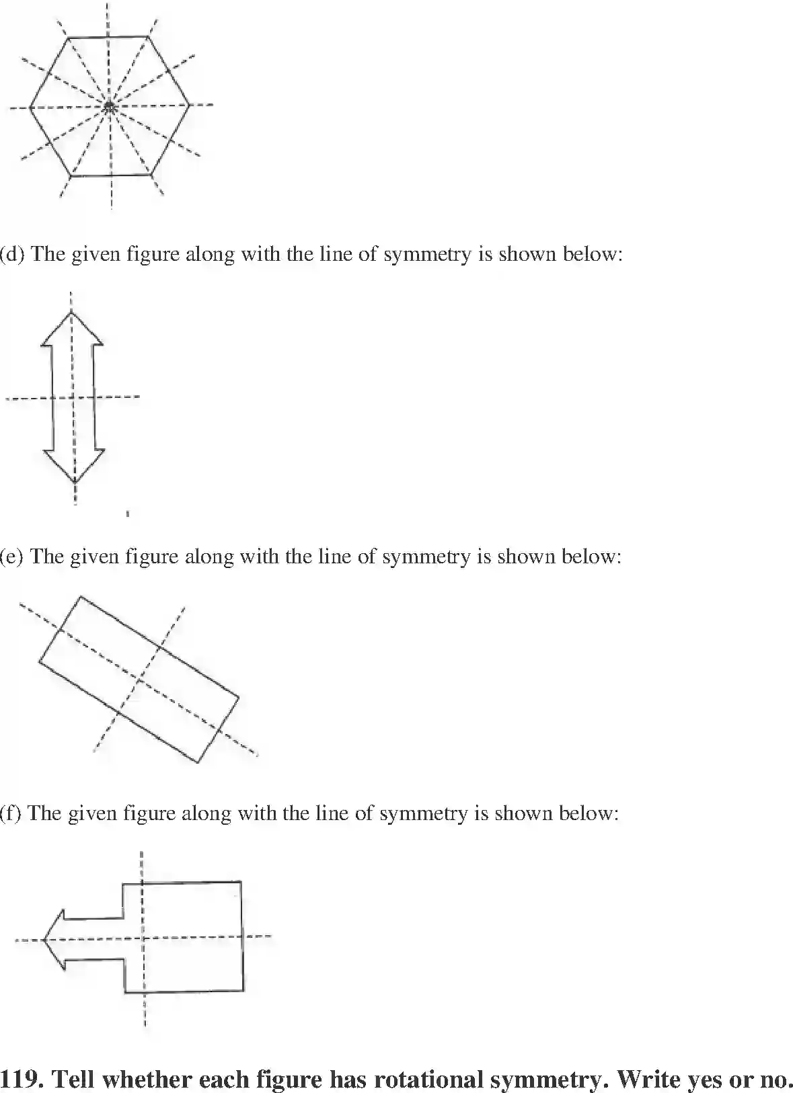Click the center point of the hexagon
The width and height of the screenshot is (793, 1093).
(109, 106)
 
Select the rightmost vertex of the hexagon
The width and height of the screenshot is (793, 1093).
(189, 105)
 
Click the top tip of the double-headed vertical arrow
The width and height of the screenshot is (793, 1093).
(71, 312)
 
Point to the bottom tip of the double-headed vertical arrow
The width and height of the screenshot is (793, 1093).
(75, 483)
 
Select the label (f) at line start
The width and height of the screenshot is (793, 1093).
(11, 813)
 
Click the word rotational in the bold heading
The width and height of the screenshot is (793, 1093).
(425, 1080)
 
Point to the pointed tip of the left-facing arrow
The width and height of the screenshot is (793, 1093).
(42, 939)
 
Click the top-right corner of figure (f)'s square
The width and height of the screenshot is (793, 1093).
(241, 881)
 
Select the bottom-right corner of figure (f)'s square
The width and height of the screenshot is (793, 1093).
(243, 990)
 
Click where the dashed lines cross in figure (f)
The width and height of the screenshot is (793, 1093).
(143, 938)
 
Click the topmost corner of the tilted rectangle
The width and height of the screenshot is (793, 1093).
(81, 596)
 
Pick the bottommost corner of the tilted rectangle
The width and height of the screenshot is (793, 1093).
(198, 762)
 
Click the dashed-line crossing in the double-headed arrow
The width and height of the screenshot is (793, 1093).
(73, 397)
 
